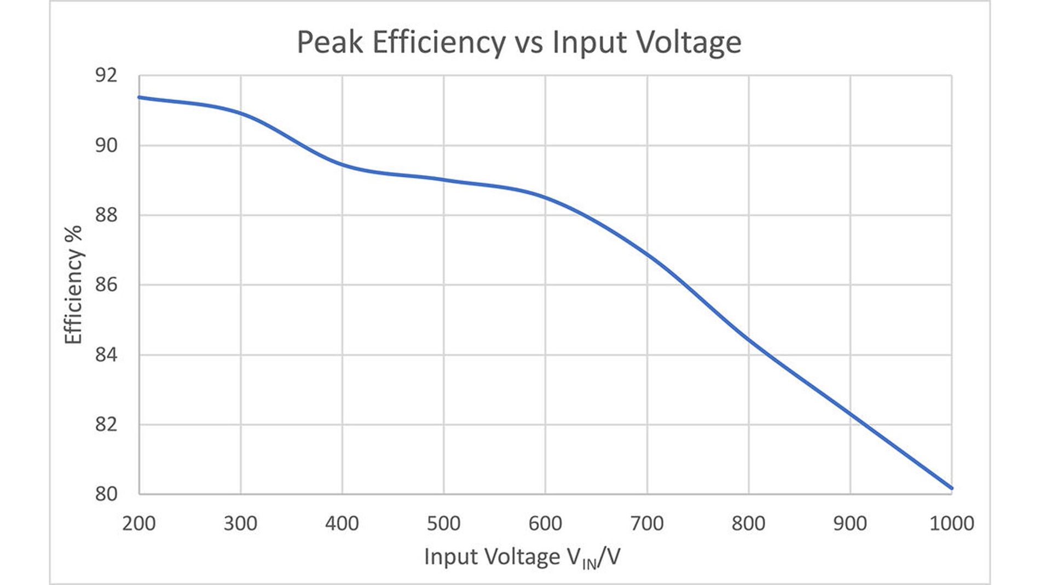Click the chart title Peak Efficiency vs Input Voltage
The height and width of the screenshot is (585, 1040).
(x=519, y=42)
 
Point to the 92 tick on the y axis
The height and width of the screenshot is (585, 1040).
(x=106, y=76)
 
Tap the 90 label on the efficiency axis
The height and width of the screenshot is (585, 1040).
(x=106, y=146)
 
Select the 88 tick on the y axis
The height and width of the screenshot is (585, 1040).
(x=106, y=215)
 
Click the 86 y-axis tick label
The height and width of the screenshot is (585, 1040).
(x=106, y=285)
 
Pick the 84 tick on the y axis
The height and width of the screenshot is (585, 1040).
(x=106, y=355)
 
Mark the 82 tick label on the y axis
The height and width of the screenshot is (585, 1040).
(x=106, y=424)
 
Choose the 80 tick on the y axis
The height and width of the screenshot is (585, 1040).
(x=106, y=494)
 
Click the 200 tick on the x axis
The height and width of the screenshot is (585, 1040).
(x=139, y=524)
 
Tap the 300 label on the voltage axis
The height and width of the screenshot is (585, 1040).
(x=240, y=524)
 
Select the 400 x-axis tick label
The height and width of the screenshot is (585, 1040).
(x=342, y=524)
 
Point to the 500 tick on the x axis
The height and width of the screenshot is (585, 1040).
(x=443, y=524)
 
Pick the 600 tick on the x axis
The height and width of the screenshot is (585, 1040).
(x=545, y=524)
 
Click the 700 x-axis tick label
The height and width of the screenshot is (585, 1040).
(x=647, y=524)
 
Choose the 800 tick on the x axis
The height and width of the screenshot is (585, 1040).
(x=748, y=524)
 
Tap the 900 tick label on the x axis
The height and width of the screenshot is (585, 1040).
(x=850, y=524)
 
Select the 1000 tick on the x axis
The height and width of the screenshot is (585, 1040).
(x=952, y=524)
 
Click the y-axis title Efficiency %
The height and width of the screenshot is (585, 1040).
(x=73, y=285)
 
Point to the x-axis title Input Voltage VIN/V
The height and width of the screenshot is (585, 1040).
(x=522, y=558)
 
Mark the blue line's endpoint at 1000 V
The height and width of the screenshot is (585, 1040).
(x=951, y=488)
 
